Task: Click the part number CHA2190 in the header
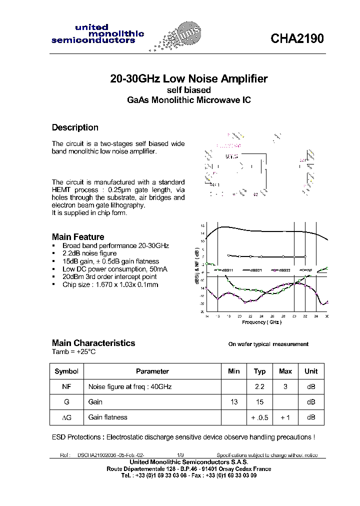click(297, 39)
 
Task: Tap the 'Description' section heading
click(75, 127)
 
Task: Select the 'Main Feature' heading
click(78, 237)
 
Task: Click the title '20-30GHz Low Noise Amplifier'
click(189, 79)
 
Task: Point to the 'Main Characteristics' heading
click(93, 343)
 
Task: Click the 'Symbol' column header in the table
click(66, 371)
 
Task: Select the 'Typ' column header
click(259, 371)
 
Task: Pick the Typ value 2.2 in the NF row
click(259, 386)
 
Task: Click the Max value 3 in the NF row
click(285, 386)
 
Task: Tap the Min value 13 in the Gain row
click(233, 402)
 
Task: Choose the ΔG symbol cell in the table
click(66, 417)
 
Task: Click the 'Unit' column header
click(311, 371)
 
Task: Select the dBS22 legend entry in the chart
click(281, 270)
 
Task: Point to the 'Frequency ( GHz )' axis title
click(261, 322)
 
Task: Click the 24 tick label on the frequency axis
click(261, 316)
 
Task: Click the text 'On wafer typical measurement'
click(268, 344)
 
